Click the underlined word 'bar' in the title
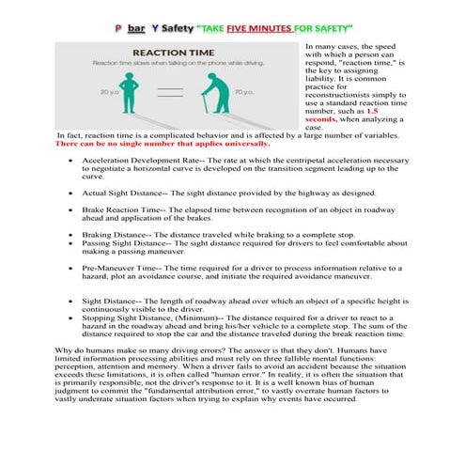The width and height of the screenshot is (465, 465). coord(135,28)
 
